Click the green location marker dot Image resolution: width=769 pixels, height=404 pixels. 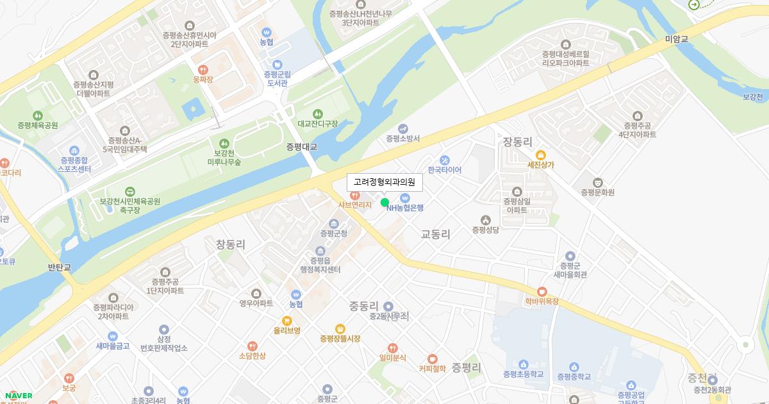(384, 203)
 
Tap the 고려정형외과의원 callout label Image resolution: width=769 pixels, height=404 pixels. (384, 182)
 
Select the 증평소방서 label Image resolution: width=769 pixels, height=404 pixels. (402, 138)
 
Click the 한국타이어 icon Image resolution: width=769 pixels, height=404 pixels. (444, 160)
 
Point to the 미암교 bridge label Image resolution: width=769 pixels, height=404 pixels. (676, 39)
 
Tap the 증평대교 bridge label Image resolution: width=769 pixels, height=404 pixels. (302, 147)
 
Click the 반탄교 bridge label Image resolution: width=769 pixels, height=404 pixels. (60, 267)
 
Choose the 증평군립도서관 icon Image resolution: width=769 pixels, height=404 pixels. (277, 64)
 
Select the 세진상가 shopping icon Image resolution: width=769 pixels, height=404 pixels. (540, 155)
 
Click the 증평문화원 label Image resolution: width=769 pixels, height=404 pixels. (598, 192)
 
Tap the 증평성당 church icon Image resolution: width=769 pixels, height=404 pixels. (485, 220)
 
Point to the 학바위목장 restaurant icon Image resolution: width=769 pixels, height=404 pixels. (542, 291)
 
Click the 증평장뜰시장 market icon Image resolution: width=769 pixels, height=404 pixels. (340, 328)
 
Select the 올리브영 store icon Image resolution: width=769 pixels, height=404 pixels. (286, 321)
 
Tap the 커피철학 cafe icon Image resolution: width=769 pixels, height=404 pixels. (433, 358)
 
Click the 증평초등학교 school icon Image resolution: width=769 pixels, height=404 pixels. (523, 364)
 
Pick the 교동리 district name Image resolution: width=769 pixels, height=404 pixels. (436, 235)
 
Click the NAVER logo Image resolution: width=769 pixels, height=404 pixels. (18, 396)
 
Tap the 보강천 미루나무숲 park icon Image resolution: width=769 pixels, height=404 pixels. (224, 143)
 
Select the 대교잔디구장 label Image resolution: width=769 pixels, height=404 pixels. (317, 123)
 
